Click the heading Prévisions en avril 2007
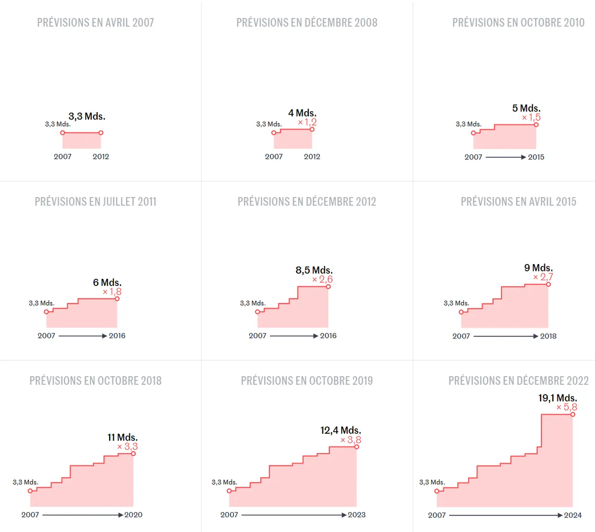[x=95, y=23]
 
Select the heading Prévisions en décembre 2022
[x=518, y=381]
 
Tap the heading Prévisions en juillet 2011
[x=95, y=201]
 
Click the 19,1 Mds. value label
[x=557, y=398]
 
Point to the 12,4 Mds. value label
[x=341, y=430]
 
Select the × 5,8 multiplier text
[x=567, y=407]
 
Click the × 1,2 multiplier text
[x=307, y=122]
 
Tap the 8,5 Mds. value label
[x=314, y=270]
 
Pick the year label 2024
[x=573, y=515]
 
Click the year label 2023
[x=357, y=515]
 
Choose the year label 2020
[x=133, y=515]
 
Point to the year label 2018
[x=548, y=336]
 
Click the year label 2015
[x=536, y=157]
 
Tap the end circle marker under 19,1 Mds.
[x=573, y=414]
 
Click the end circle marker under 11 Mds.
[x=133, y=454]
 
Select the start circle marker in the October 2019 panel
[x=229, y=491]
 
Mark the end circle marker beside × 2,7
[x=548, y=284]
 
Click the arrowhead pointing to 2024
[x=560, y=515]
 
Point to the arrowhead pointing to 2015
[x=523, y=157]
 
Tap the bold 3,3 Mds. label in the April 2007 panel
[x=87, y=117]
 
